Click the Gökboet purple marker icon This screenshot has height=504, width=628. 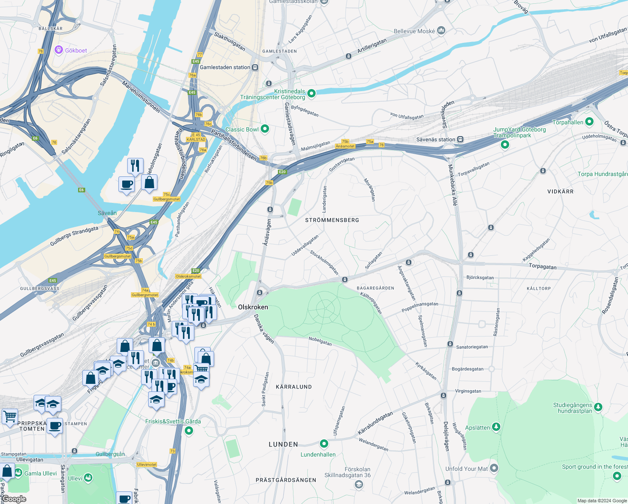click(59, 50)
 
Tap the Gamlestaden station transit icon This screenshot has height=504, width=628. click(255, 68)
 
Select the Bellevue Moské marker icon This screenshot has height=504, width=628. click(441, 31)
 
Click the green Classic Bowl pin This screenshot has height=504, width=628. click(265, 129)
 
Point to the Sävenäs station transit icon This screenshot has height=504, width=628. click(461, 139)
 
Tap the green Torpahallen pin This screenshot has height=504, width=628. click(589, 122)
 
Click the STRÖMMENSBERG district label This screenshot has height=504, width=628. click(332, 220)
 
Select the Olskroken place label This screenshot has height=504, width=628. click(253, 307)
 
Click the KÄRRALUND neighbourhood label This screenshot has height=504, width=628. click(294, 387)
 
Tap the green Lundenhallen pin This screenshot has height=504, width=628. click(324, 444)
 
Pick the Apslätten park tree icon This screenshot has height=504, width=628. click(496, 427)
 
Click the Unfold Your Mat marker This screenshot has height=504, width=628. click(494, 468)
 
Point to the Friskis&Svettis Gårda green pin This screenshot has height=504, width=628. click(189, 430)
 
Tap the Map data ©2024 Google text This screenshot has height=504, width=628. click(602, 501)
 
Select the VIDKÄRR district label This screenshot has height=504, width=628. click(560, 192)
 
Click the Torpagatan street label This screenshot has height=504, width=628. click(542, 266)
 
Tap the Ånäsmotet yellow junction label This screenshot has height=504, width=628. click(345, 146)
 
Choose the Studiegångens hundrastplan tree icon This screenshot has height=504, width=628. click(598, 407)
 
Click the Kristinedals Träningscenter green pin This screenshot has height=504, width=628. click(311, 93)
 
